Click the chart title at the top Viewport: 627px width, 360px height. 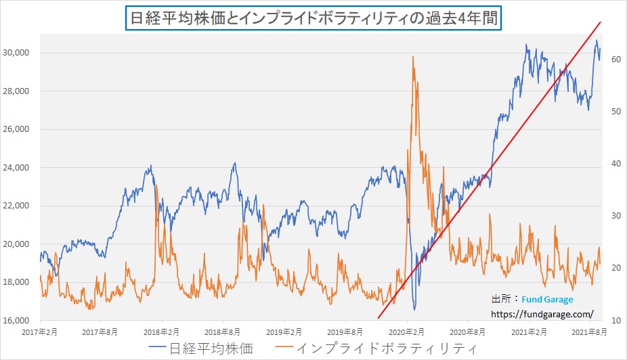click(x=313, y=17)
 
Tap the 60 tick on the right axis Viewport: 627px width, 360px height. click(x=617, y=60)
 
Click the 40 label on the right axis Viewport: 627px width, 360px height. click(x=617, y=164)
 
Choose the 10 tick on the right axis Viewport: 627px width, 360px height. click(x=617, y=320)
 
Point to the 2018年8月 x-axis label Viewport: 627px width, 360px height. click(x=223, y=333)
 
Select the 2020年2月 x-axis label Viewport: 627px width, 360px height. click(x=408, y=333)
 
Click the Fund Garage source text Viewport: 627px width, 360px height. click(x=547, y=299)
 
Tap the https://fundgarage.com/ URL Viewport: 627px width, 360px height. click(x=542, y=314)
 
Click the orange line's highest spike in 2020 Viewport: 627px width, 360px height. click(x=412, y=57)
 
